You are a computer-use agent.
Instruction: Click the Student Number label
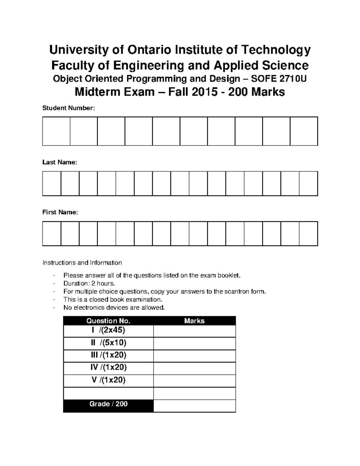pyautogui.click(x=68, y=108)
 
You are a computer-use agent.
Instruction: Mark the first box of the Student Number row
pyautogui.click(x=56, y=131)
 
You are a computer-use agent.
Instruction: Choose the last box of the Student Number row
pyautogui.click(x=304, y=131)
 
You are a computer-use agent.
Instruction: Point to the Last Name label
pyautogui.click(x=60, y=162)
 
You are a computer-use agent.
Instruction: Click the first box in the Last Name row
pyautogui.click(x=52, y=183)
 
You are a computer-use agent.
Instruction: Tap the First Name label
pyautogui.click(x=60, y=212)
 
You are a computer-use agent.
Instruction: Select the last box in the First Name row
pyautogui.click(x=308, y=233)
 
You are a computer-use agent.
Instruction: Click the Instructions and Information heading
pyautogui.click(x=82, y=263)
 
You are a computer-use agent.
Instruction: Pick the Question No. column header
pyautogui.click(x=108, y=321)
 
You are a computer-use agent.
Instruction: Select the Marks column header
pyautogui.click(x=194, y=321)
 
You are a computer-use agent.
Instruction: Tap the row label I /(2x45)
pyautogui.click(x=108, y=330)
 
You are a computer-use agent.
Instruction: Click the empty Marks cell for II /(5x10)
pyautogui.click(x=194, y=343)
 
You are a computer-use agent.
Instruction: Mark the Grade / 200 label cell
pyautogui.click(x=108, y=404)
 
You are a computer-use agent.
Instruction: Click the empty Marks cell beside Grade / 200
pyautogui.click(x=194, y=405)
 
